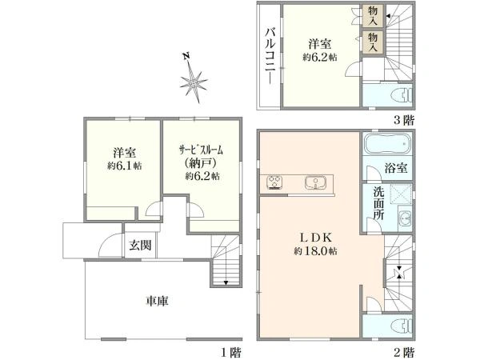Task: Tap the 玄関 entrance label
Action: tap(140, 246)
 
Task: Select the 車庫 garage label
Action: tap(157, 302)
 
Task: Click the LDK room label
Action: tap(315, 238)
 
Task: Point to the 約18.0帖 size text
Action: tap(316, 252)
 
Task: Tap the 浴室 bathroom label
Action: tap(396, 168)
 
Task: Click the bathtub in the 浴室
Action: tap(387, 143)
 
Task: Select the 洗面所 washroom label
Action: tap(378, 203)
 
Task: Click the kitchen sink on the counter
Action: tap(315, 183)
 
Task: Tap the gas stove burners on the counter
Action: tap(274, 182)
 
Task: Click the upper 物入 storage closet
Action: tap(373, 16)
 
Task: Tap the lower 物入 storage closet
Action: tap(373, 42)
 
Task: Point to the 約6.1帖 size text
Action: tap(124, 166)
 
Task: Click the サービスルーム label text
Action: tap(201, 150)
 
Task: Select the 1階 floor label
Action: tap(231, 353)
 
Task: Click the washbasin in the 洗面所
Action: tap(405, 218)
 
